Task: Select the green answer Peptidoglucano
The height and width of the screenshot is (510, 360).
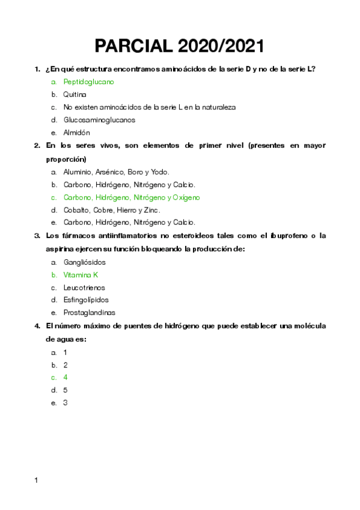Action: coord(88,82)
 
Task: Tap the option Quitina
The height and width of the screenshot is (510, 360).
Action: coord(75,94)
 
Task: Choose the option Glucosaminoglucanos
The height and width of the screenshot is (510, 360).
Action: coord(99,120)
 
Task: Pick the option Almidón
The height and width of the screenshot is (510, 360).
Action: coord(76,132)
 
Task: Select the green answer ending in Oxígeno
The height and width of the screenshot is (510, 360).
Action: coord(132,197)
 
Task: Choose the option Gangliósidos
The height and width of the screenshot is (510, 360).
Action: coord(84,262)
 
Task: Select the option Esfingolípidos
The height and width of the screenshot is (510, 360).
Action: coord(86,300)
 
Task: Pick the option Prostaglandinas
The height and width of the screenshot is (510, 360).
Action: coord(90,313)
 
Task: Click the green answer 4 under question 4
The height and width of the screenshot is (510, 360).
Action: coord(66,377)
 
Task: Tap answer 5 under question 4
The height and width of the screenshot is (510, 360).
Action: coord(66,390)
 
